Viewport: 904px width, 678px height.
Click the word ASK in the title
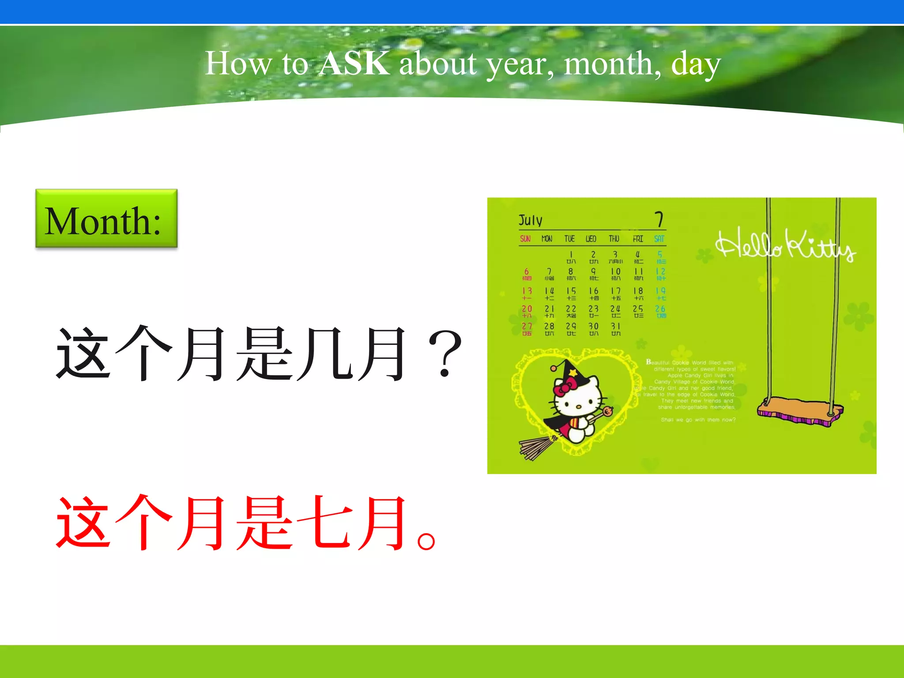354,63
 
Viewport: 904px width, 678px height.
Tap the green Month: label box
106,218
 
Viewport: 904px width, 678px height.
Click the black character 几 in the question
325,354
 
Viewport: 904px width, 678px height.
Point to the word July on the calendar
530,220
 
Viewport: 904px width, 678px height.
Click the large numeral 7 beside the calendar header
659,219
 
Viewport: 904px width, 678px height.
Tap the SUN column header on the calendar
525,239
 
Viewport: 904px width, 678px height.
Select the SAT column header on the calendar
659,239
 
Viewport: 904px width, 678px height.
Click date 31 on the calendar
616,327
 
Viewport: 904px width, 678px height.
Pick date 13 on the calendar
527,291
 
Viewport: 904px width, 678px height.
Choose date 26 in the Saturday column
660,309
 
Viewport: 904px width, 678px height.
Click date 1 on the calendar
571,255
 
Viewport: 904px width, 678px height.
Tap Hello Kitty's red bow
565,388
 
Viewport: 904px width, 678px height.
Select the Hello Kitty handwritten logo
785,245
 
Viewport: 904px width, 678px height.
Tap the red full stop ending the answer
426,540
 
